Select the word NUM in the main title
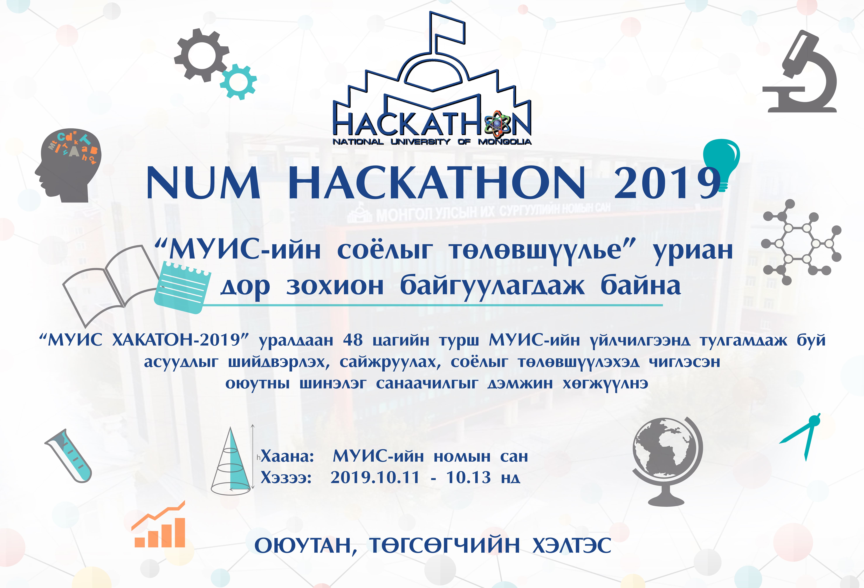click(x=203, y=183)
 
